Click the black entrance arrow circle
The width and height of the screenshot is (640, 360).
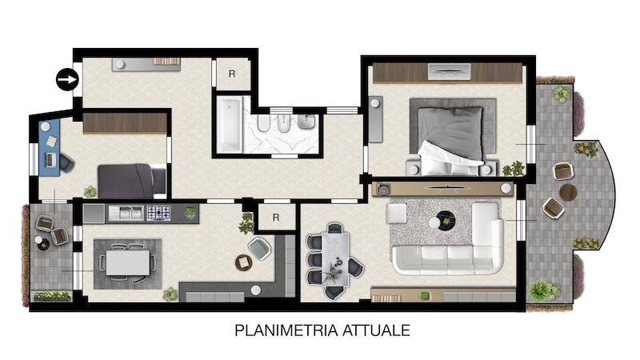pyautogui.click(x=67, y=79)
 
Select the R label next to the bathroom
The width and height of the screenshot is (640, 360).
pyautogui.click(x=232, y=74)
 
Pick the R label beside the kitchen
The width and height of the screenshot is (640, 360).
pyautogui.click(x=276, y=218)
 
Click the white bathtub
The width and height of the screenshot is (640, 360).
pyautogui.click(x=229, y=124)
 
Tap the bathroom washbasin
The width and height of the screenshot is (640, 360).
pyautogui.click(x=306, y=122)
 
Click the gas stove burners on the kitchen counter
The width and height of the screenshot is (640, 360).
pyautogui.click(x=158, y=213)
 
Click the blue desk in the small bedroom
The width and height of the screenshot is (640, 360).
pyautogui.click(x=50, y=147)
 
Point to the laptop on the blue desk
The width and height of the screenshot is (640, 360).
pyautogui.click(x=50, y=159)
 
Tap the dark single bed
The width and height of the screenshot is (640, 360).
pyautogui.click(x=132, y=182)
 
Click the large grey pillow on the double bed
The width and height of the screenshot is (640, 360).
pyautogui.click(x=450, y=132)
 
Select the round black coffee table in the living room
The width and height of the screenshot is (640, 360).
pyautogui.click(x=446, y=221)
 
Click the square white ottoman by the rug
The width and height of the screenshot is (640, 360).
pyautogui.click(x=396, y=214)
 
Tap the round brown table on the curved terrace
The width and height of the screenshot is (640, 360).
pyautogui.click(x=568, y=192)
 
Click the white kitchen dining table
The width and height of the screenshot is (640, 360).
pyautogui.click(x=128, y=262)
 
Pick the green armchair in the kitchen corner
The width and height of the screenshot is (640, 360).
pyautogui.click(x=259, y=248)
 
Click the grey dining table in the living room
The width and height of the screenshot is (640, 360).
pyautogui.click(x=335, y=258)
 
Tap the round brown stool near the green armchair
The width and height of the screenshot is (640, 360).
pyautogui.click(x=244, y=262)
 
